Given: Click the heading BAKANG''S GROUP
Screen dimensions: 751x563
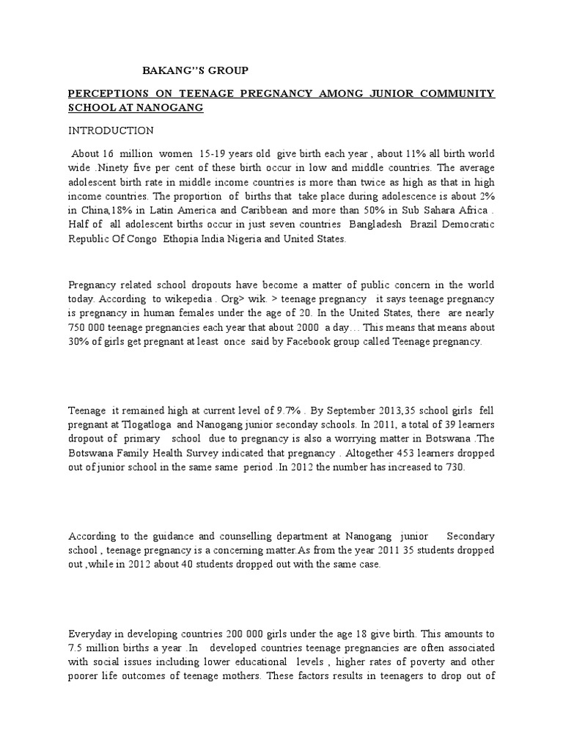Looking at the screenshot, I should point(194,70).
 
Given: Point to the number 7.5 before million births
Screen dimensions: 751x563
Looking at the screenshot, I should point(77,647).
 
